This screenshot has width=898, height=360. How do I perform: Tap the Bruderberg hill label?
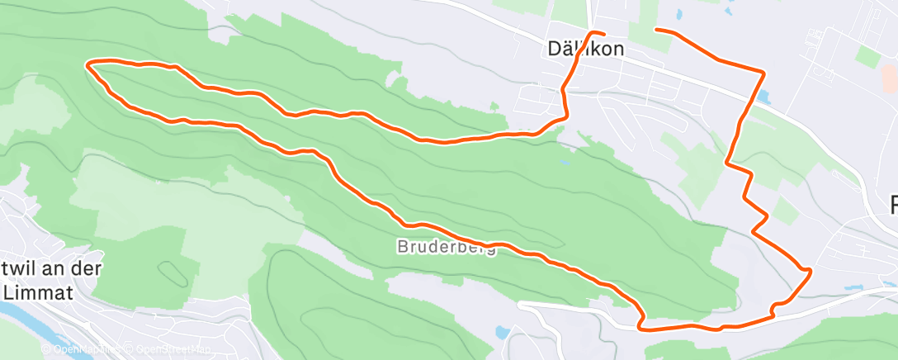(x=447, y=247)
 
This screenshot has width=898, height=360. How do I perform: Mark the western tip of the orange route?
(x=88, y=63)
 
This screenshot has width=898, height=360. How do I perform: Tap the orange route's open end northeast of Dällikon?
(x=656, y=31)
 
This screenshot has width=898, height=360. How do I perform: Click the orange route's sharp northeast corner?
(x=761, y=71)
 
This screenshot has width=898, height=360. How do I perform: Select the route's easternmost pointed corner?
(x=811, y=270)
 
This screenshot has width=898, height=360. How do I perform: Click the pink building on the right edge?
(x=889, y=78)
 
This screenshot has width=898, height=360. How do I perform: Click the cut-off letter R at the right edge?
(x=891, y=204)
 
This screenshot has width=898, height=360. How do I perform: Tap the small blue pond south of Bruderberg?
(x=502, y=333)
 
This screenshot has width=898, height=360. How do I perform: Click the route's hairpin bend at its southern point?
(x=642, y=321)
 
